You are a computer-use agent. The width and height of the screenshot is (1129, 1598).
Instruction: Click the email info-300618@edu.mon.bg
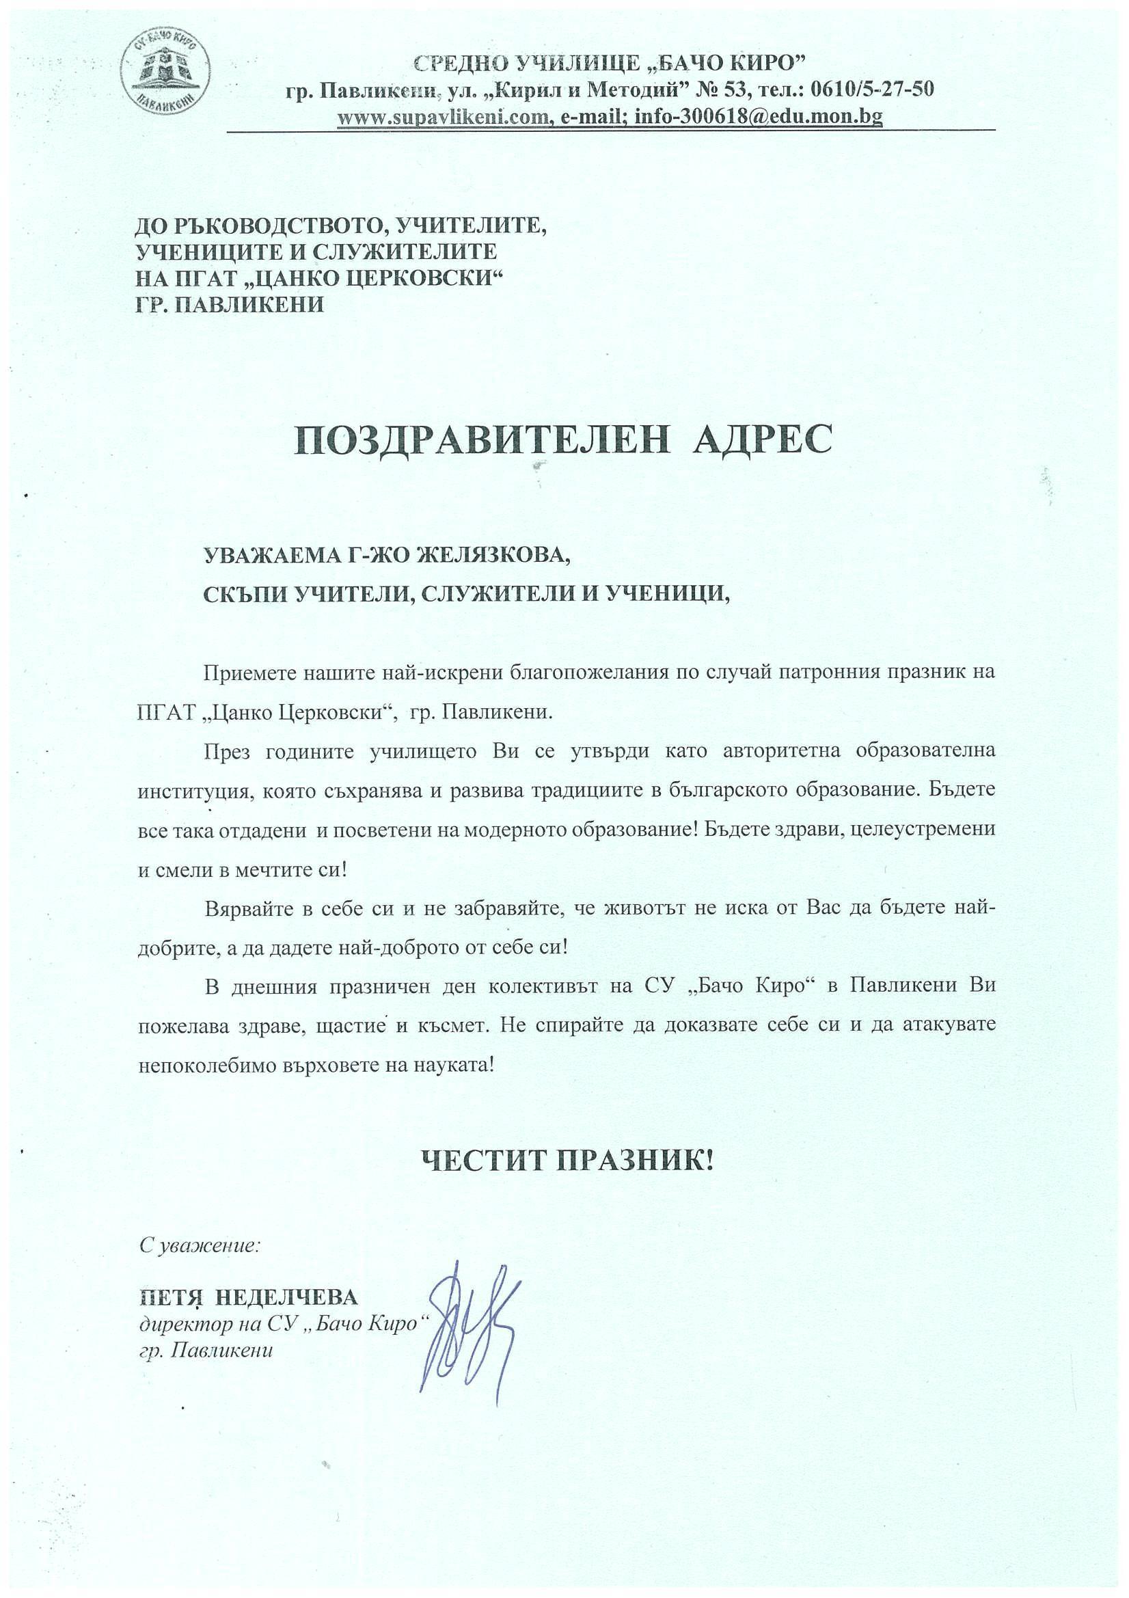759,117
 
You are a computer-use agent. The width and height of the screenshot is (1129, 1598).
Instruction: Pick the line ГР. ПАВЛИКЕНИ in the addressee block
230,304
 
